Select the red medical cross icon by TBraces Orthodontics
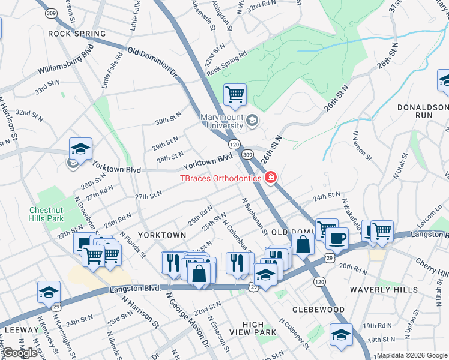point(270,178)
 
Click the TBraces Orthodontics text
point(221,178)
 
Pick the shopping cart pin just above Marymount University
point(235,94)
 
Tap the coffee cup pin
point(337,238)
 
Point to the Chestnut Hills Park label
point(55,215)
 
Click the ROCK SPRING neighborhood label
point(77,34)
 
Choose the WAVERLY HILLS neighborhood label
point(393,290)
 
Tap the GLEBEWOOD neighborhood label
point(318,310)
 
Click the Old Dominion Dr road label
point(154,62)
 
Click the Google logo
point(20,353)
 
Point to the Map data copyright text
point(412,355)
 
